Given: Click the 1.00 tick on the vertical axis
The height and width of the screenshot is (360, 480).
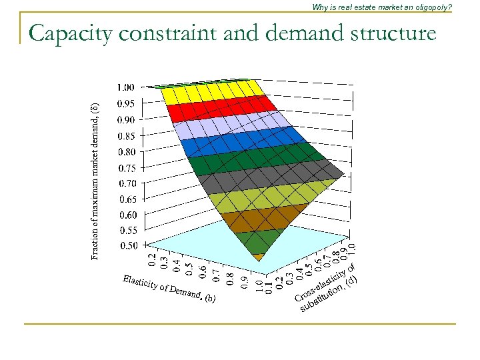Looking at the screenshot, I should click(125, 87).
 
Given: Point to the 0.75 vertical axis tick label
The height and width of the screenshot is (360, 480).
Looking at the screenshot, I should click(125, 168).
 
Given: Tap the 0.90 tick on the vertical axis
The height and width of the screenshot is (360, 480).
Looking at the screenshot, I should click(125, 119).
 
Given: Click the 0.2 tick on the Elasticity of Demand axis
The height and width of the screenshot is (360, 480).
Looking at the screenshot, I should click(152, 261).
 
